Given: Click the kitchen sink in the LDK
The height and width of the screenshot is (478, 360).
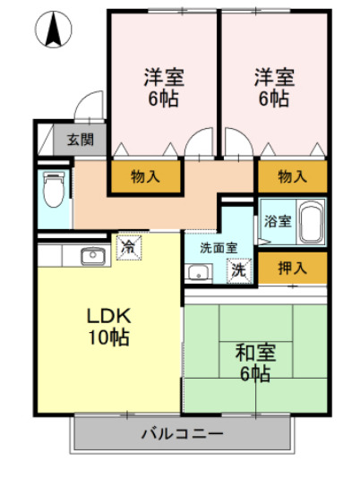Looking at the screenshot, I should [93, 257].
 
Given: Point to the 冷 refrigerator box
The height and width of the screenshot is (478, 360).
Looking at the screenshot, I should [129, 245].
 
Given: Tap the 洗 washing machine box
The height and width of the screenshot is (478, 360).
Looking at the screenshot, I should [239, 268].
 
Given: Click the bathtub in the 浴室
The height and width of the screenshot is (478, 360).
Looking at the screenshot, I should [310, 222].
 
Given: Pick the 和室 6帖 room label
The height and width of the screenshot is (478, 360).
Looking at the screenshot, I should [255, 361].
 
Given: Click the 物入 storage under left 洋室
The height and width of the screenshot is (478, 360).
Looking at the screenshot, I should [145, 176].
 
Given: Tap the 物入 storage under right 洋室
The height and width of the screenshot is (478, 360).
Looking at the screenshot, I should [292, 176].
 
